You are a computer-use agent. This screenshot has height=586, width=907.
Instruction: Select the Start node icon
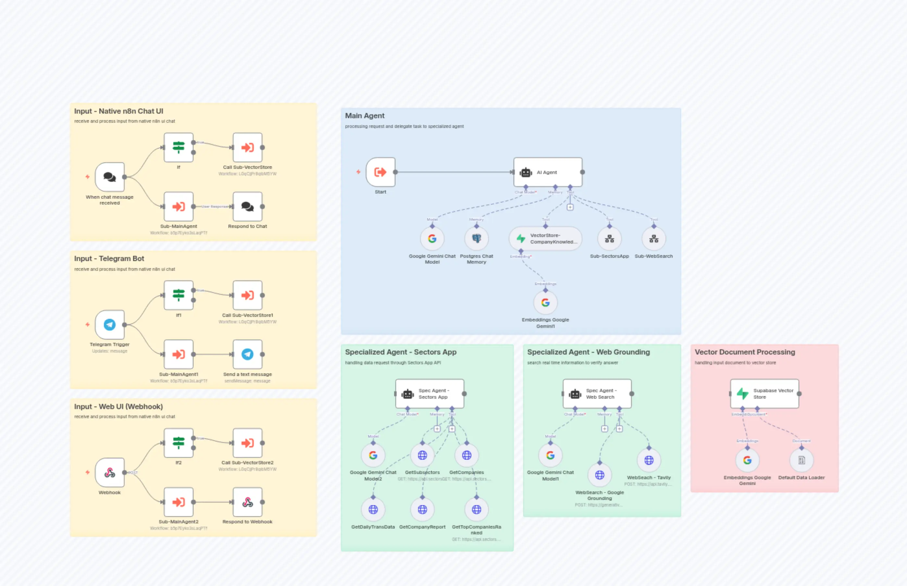point(380,172)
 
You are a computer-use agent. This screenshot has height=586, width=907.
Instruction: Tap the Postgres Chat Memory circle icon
point(476,239)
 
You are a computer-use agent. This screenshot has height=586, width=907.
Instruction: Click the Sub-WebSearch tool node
point(653,239)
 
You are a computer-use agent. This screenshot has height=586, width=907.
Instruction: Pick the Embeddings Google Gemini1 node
point(545,303)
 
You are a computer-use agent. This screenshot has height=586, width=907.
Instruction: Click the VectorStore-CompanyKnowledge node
point(545,239)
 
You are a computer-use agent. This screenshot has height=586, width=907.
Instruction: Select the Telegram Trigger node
point(110,325)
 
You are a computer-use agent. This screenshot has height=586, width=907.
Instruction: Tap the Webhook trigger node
point(110,473)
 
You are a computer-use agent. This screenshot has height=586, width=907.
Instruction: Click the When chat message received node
point(110,177)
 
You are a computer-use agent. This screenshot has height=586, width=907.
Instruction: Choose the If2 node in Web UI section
point(179,443)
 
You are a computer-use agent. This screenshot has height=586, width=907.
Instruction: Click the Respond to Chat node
point(247,206)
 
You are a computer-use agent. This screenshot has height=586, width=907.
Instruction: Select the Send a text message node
point(247,354)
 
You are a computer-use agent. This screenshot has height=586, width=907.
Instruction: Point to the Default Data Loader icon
point(801,460)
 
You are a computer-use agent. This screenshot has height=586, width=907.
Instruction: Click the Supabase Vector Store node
point(764,394)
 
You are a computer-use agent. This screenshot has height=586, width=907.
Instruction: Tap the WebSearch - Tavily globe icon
point(649,460)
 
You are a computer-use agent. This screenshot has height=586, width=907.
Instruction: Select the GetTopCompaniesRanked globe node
point(476,509)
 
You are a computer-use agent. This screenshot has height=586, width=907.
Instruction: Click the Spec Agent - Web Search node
point(597,394)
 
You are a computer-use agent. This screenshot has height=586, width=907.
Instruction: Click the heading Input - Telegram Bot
point(109,259)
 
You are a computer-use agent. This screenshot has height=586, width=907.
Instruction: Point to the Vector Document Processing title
point(745,352)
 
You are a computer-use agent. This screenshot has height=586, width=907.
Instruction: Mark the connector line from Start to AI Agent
point(453,172)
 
